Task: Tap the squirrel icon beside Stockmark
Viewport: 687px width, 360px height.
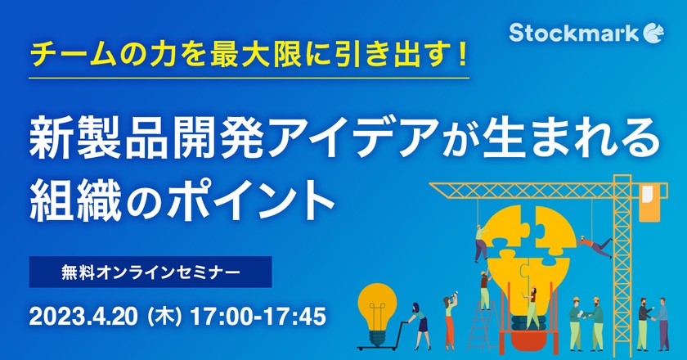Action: (654, 31)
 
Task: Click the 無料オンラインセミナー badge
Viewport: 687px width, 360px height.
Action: (150, 271)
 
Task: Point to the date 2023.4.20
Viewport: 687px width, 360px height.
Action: (86, 314)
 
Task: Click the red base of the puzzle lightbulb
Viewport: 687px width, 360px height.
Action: (528, 331)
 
